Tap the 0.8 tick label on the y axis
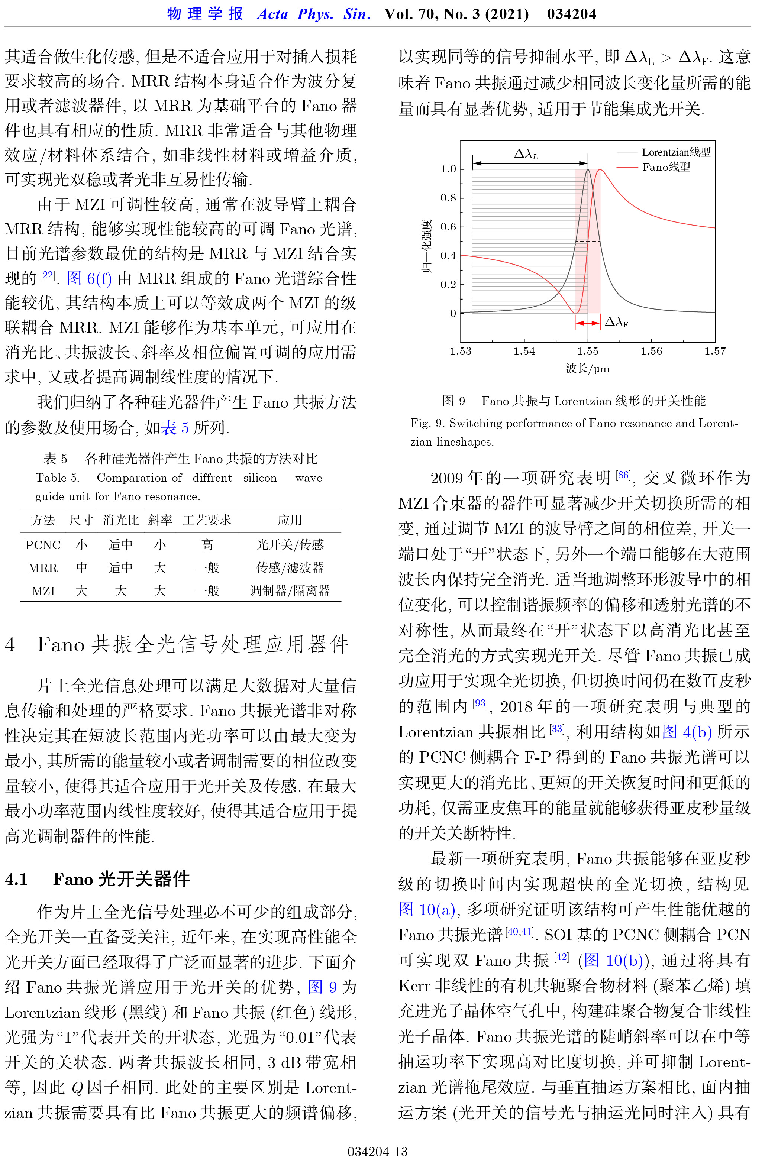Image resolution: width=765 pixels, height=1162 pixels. tap(448, 198)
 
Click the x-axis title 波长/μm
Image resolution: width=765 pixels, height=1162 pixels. tap(587, 368)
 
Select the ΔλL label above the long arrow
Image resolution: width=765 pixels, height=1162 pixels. tap(526, 154)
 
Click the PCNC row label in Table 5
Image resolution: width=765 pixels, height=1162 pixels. tap(43, 544)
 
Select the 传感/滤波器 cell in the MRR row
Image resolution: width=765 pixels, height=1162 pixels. tap(290, 567)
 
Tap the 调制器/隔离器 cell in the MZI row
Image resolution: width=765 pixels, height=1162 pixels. tap(290, 591)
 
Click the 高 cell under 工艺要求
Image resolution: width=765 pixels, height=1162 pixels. tap(207, 544)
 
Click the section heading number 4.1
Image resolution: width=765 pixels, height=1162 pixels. tap(16, 879)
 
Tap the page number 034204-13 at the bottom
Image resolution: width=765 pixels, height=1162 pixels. tap(377, 1151)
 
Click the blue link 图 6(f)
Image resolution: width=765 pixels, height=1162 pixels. tap(89, 279)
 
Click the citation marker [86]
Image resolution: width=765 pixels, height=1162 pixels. tap(623, 475)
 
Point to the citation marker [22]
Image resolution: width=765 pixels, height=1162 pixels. tap(47, 275)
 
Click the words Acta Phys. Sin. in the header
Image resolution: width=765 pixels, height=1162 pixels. tap(314, 14)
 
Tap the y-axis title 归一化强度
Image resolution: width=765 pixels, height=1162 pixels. tap(427, 246)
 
